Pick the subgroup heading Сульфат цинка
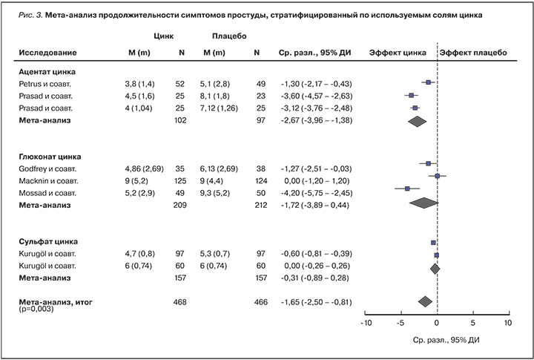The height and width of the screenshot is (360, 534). coord(48,241)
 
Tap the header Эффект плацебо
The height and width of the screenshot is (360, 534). coord(472,53)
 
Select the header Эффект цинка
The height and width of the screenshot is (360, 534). coord(398,53)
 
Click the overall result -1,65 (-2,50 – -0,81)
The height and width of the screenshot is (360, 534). coord(315,302)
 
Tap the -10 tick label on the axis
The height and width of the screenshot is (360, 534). coord(365,324)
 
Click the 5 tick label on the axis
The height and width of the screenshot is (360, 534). coord(473,324)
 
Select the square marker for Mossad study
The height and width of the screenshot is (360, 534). coord(407,189)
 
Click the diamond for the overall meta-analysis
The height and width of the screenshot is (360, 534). coord(425,301)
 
